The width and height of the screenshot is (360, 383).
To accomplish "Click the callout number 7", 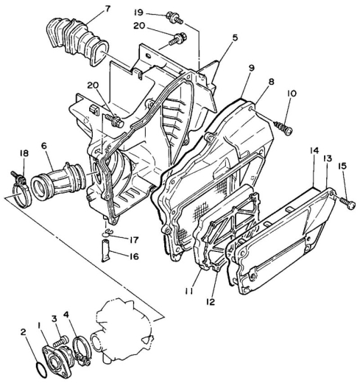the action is pos(107,9).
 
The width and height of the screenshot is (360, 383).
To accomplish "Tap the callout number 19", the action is pos(138,13).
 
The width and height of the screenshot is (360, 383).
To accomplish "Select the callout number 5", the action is pos(235,38).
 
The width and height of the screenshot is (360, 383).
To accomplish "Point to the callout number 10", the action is pos(291,94).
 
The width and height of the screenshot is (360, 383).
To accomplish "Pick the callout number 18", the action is pos(24,153).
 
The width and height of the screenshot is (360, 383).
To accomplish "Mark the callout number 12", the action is pos(211,301).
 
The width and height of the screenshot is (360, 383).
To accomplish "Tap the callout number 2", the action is pos(23,332).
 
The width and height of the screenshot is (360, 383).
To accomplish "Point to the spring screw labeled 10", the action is pos(283,127).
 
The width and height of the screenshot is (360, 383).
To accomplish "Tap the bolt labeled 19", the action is pos(174,18).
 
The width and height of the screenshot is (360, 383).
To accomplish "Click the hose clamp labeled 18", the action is pos(21,189).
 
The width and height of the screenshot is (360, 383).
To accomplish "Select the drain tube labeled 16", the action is pos(106,251).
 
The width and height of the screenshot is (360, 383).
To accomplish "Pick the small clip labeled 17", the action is pos(106,233).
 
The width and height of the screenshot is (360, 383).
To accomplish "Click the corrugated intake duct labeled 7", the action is pos(76,41).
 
